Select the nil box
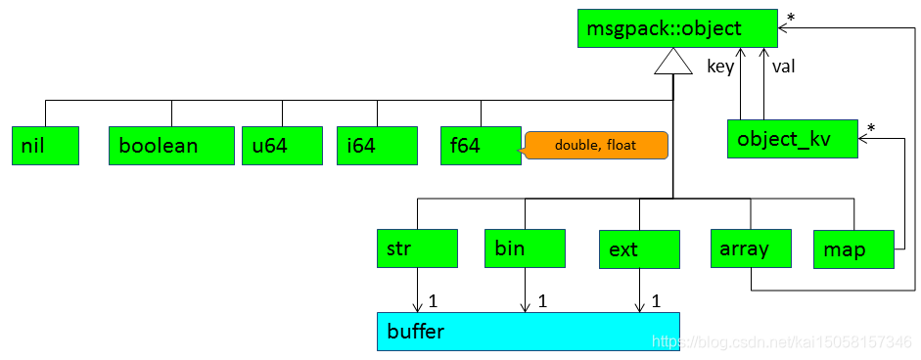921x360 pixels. [46, 145]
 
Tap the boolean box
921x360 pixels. [171, 145]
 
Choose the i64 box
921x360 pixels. [377, 145]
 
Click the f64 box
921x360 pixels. [481, 145]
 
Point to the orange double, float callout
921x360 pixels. [596, 146]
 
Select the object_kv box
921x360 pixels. [792, 139]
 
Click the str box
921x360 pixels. [417, 248]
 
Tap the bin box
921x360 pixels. [525, 248]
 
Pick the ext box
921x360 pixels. [639, 249]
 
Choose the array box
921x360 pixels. [751, 248]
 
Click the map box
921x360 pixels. [854, 249]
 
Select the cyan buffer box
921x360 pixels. [528, 331]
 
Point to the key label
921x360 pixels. [720, 67]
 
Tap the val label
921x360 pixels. [783, 67]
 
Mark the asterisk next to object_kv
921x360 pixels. [870, 128]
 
